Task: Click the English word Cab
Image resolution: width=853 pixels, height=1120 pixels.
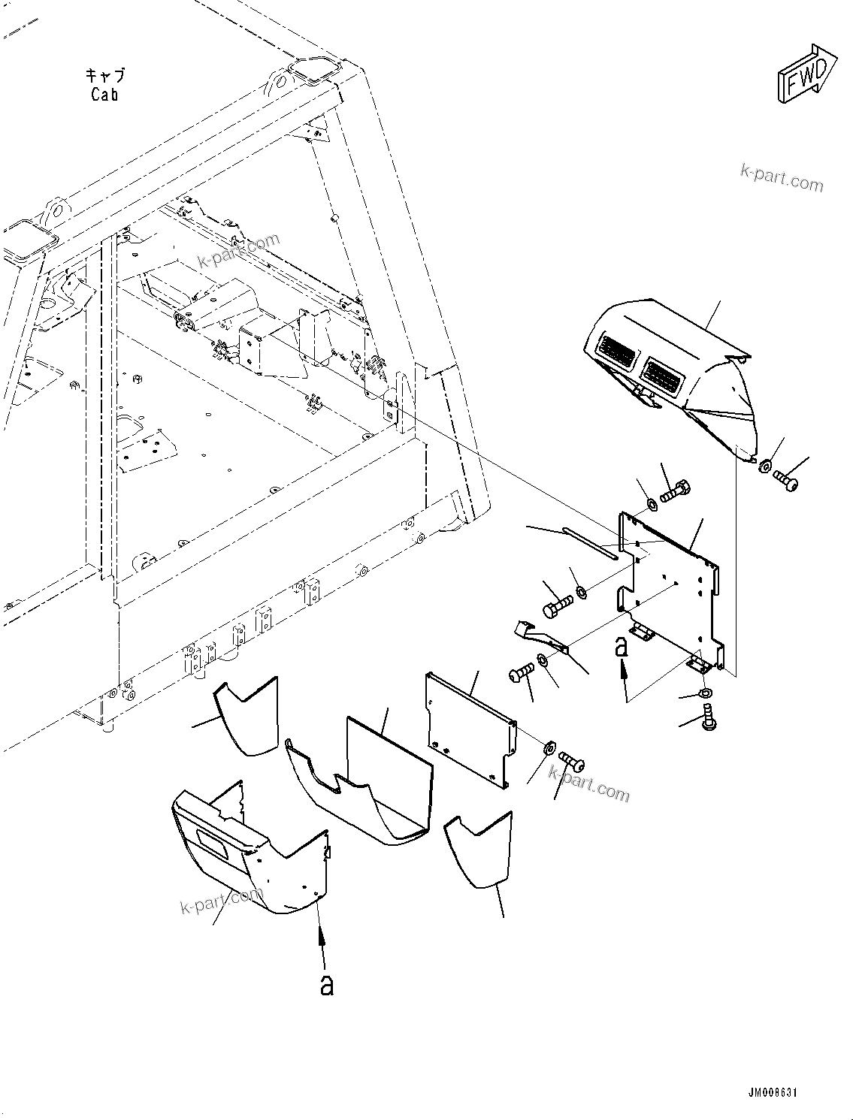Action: pos(104,95)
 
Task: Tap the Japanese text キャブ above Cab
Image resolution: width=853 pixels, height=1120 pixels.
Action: pos(104,76)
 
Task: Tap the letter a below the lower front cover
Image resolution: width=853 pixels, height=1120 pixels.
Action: pos(326,985)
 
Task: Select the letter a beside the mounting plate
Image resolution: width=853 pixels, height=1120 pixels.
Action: pos(621,647)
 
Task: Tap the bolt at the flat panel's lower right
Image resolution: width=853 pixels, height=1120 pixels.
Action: pos(573,763)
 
